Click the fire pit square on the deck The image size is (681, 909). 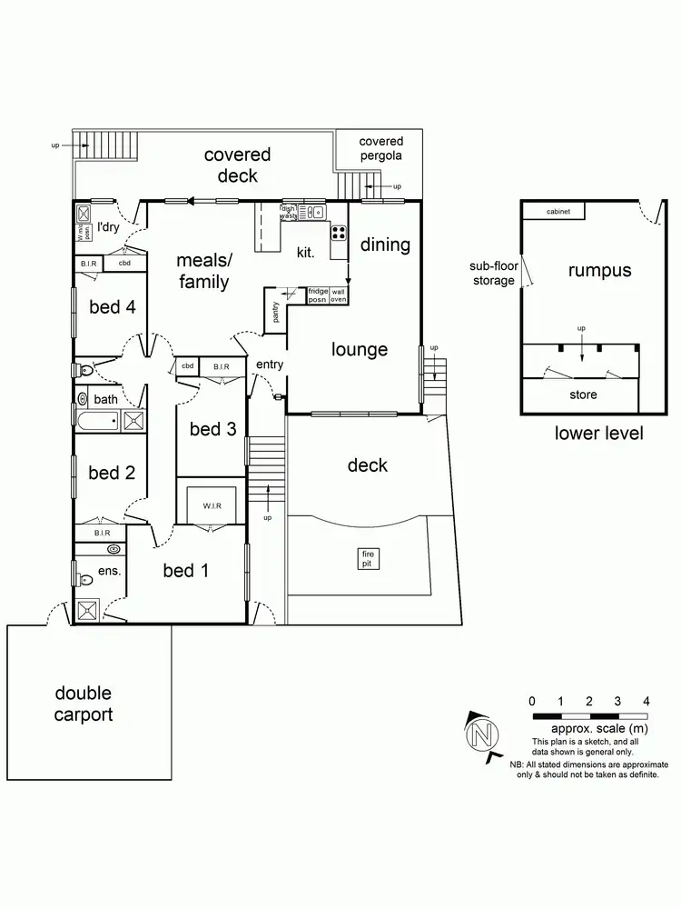point(369,558)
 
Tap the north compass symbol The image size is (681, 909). point(481,733)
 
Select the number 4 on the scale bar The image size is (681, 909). point(646,701)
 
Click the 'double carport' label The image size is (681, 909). point(84,704)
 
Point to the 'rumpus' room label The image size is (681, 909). point(599,270)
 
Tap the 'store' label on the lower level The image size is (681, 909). point(583,395)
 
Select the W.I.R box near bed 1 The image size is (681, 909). point(212,505)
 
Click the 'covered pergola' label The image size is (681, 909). point(381,148)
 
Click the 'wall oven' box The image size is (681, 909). point(339,294)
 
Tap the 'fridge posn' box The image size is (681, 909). point(317,294)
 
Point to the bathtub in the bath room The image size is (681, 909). point(97,421)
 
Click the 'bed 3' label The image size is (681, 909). point(212,428)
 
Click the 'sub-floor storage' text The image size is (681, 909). point(492,274)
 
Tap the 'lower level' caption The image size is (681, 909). point(598,433)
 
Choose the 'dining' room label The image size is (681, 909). point(386,245)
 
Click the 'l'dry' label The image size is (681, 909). point(109,226)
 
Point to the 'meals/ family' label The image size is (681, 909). point(203,271)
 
